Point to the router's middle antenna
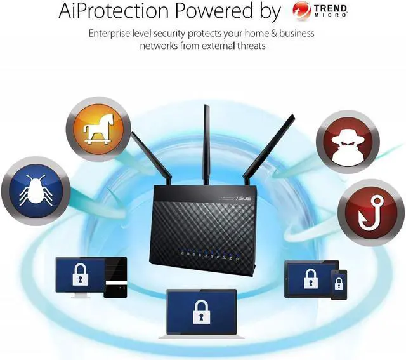(206, 140)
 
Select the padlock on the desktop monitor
(80, 276)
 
